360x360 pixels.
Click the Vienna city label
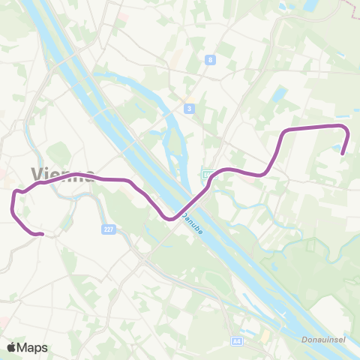tap(63, 172)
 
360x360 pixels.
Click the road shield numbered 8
tap(211, 59)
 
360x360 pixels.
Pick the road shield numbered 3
tap(190, 109)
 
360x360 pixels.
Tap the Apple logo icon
tap(12, 347)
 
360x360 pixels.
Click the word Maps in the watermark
tap(33, 347)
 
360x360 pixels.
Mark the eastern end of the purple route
tap(343, 154)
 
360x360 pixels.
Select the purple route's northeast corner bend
tap(346, 127)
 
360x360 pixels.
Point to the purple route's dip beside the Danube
tap(171, 219)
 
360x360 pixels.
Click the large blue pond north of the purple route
tap(279, 95)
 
